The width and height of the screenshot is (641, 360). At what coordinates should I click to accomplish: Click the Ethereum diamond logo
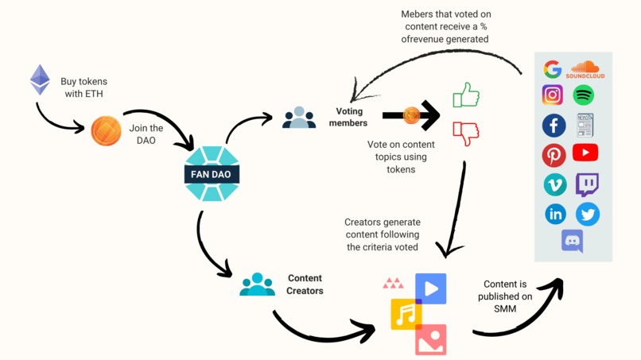40,80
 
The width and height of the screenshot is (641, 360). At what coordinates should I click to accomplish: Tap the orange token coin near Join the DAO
106,130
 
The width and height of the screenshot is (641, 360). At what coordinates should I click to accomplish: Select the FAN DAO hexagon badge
212,174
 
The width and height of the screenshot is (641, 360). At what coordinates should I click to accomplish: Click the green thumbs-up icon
466,96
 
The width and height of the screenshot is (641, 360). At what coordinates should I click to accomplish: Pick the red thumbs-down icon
466,133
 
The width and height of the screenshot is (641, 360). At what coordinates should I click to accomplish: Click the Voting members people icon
299,118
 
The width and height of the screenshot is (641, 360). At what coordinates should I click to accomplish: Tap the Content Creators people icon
257,285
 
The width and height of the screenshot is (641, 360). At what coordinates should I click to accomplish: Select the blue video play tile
431,288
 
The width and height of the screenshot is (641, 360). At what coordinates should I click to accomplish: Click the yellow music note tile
406,315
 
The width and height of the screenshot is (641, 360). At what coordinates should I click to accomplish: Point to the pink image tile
430,339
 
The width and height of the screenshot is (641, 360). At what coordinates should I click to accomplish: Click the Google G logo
553,69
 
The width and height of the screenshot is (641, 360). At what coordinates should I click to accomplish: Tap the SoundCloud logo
585,70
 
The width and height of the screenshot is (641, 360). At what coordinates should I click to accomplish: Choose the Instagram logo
553,95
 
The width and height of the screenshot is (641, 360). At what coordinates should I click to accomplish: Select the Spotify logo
584,95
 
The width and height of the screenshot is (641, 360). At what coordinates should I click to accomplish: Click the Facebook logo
554,125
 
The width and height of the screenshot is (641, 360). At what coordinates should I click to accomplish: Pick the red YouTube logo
585,153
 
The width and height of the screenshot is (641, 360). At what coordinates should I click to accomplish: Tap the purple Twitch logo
587,184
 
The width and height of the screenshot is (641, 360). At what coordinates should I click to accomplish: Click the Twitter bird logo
588,214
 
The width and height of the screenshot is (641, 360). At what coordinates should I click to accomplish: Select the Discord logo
572,240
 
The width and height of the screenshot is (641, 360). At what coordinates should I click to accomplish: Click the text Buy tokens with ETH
84,87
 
